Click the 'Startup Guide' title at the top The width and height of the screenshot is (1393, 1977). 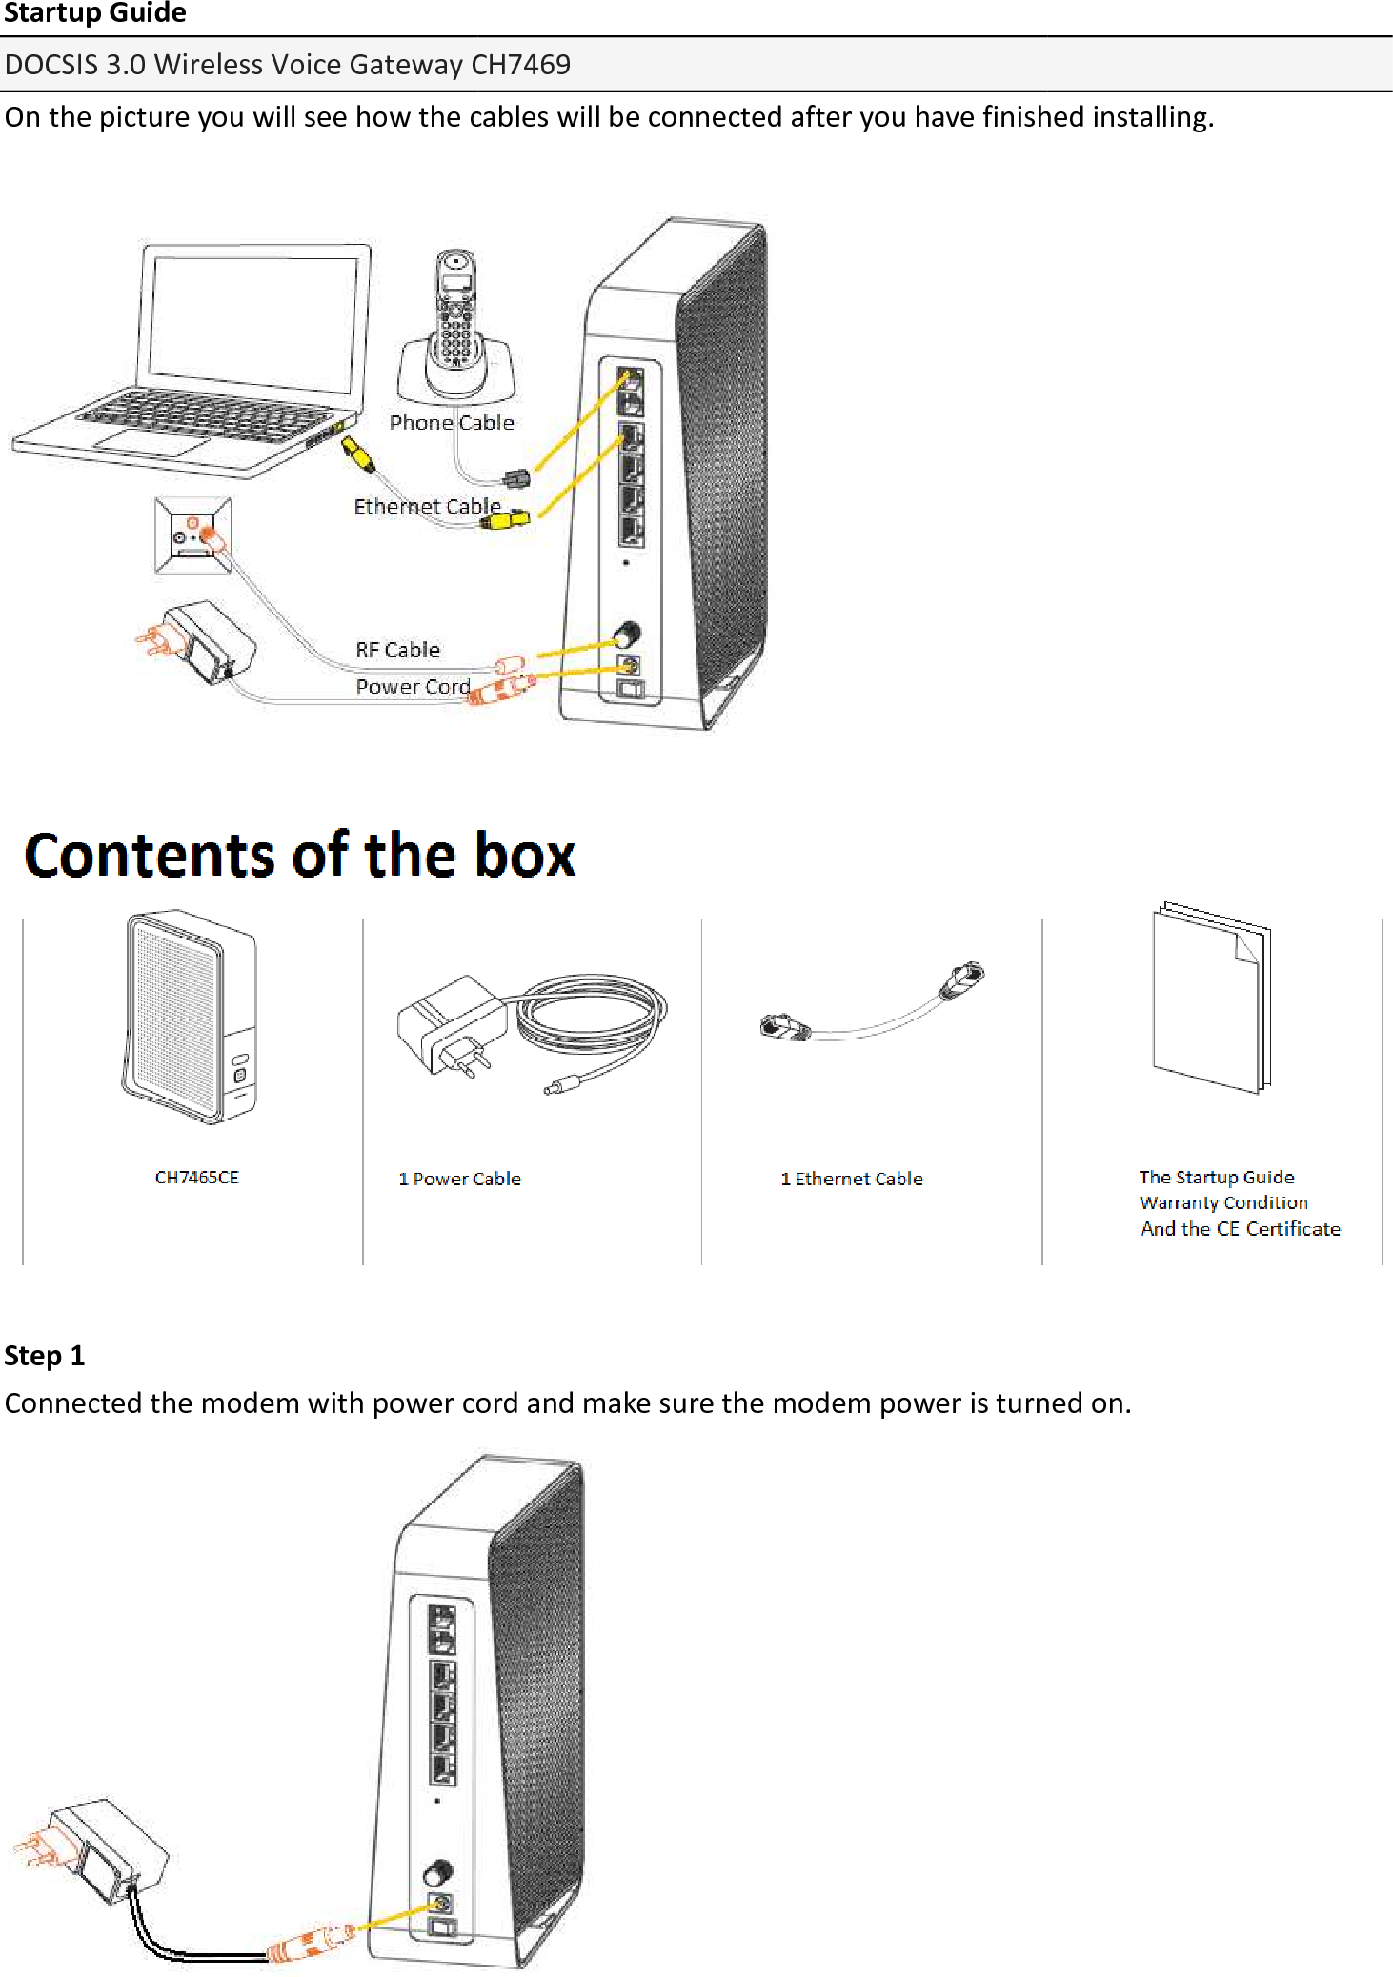(x=94, y=13)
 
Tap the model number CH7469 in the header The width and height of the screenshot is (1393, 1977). (x=520, y=65)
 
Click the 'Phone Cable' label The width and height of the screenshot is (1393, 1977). (x=452, y=423)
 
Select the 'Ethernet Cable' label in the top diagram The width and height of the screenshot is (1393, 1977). (x=427, y=506)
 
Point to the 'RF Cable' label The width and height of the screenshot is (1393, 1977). (x=397, y=650)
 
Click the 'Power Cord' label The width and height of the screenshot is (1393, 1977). (x=413, y=687)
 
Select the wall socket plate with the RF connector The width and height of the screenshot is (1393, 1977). (x=193, y=536)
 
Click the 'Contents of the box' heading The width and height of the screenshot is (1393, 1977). (x=300, y=855)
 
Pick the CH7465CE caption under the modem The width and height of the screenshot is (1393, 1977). (x=196, y=1178)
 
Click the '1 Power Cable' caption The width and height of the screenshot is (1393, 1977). (x=459, y=1180)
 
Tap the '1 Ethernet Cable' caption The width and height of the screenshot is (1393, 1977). (x=852, y=1180)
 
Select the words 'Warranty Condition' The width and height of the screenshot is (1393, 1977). (x=1223, y=1203)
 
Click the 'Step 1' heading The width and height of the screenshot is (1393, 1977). (x=45, y=1356)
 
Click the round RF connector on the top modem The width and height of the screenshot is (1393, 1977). (x=627, y=634)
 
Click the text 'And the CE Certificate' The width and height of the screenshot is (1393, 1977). (x=1240, y=1229)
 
